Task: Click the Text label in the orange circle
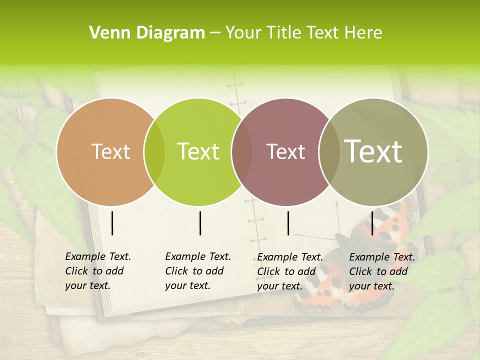[x=110, y=151]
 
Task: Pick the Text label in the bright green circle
[x=198, y=151]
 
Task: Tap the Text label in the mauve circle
[x=286, y=151]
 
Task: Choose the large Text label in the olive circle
[x=373, y=151]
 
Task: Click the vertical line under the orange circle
[x=112, y=223]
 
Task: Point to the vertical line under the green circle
[x=200, y=223]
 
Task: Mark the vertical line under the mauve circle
[x=288, y=223]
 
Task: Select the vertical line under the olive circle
[x=372, y=223]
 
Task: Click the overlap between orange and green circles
[x=154, y=152]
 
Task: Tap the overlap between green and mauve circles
[x=242, y=152]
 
